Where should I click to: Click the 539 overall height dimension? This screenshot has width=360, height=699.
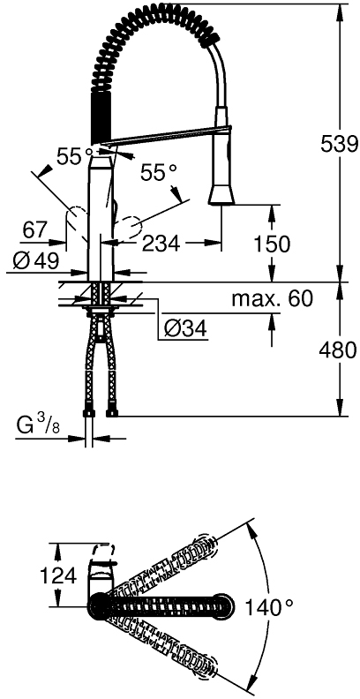coord(340,144)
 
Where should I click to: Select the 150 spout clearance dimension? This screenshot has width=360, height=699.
coord(272,244)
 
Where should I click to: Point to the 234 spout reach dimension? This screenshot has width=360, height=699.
coord(161,244)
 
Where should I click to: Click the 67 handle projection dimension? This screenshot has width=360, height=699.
coord(35,230)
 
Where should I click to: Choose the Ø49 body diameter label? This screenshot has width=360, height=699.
coord(35,261)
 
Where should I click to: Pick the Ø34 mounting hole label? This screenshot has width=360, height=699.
coord(185,329)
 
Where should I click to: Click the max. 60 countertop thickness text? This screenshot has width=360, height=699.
coord(273,298)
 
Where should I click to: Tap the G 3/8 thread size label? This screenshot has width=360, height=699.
coord(38,426)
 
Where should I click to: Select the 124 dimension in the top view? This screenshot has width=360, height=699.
coord(58,577)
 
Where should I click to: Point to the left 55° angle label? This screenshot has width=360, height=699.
coord(76,156)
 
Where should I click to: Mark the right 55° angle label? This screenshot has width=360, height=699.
coord(159,173)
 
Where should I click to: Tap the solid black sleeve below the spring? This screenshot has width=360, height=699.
coord(101,117)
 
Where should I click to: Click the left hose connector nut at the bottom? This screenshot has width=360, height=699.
coord(89,413)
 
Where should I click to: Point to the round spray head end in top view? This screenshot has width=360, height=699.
coord(224,606)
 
